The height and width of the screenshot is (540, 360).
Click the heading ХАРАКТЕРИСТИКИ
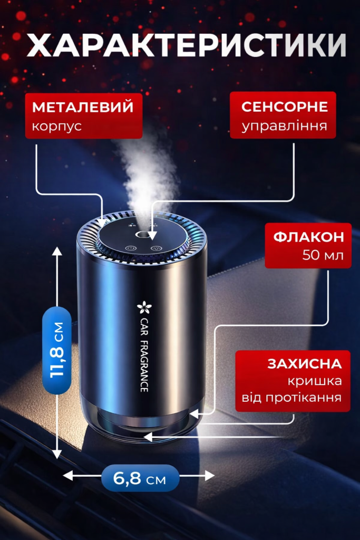[186, 45]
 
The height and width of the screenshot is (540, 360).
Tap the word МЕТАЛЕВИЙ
[83, 107]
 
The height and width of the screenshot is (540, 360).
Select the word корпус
[57, 126]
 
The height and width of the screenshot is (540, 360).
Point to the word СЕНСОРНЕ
[284, 107]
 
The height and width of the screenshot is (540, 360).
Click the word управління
[284, 126]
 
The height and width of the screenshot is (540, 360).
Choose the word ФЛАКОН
[309, 237]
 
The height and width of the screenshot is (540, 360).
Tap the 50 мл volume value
[323, 255]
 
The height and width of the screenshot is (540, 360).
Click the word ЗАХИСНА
[305, 364]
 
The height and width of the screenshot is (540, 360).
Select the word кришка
[315, 381]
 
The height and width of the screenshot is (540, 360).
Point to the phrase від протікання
[291, 398]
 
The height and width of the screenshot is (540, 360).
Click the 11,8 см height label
[57, 350]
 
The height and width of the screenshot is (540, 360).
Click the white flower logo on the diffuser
[142, 307]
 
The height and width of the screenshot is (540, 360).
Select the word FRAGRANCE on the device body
[144, 367]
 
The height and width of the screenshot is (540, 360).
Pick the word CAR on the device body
[144, 327]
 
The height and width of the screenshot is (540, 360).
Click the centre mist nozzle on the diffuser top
[141, 235]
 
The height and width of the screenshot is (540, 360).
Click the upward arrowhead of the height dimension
[57, 251]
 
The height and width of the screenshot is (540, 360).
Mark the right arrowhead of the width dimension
[209, 476]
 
